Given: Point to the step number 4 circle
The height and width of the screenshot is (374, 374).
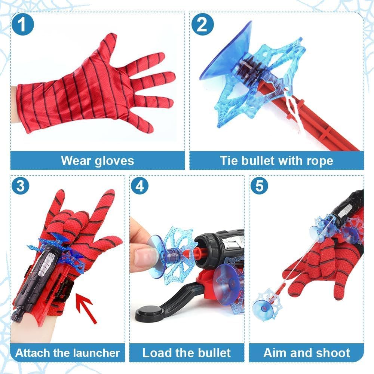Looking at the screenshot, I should pos(140,186).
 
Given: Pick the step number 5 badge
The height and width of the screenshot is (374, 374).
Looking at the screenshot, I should pos(259,186).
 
